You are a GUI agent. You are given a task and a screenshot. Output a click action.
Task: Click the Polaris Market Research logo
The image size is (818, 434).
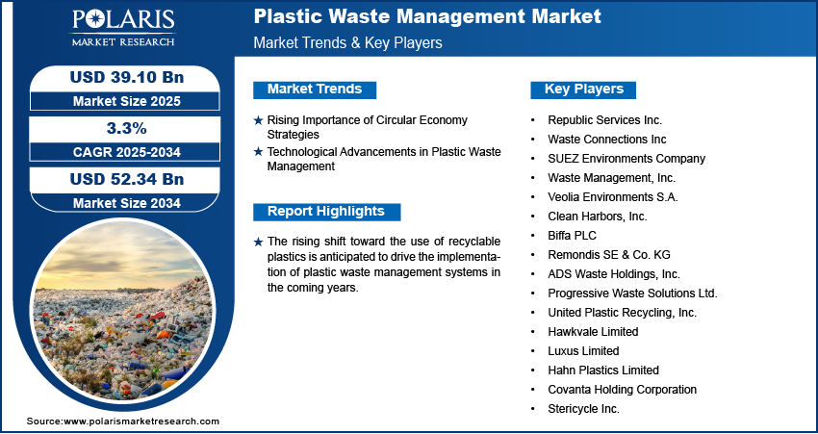(123, 28)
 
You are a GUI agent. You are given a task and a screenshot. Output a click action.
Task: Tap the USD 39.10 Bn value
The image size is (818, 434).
(127, 77)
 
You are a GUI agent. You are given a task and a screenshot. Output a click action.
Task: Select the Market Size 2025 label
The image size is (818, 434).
(127, 101)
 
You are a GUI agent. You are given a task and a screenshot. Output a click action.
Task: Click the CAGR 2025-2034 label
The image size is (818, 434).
(127, 152)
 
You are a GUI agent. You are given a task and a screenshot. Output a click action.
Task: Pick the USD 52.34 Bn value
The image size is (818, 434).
(127, 179)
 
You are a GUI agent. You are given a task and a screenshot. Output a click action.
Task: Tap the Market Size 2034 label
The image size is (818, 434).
(127, 202)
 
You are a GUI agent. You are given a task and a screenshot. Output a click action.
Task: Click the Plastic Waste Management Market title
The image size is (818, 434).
(427, 16)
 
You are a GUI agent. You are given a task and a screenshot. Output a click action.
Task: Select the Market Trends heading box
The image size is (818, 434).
(315, 89)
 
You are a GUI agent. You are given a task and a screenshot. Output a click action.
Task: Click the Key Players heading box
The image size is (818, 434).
(583, 89)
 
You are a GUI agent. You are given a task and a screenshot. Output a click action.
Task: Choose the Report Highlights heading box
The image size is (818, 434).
(326, 212)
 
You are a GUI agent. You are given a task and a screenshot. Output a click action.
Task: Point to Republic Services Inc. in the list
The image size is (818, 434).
(604, 120)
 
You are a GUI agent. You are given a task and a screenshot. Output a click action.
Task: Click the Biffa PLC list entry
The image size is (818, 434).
(572, 236)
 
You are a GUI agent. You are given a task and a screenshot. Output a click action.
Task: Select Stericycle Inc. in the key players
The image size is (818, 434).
(584, 409)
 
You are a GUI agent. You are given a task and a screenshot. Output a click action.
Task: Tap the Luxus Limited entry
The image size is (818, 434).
(583, 351)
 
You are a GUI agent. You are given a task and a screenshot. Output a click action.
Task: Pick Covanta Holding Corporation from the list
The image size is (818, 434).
(622, 390)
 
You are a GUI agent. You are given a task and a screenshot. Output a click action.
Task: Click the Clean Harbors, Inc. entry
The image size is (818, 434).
(598, 217)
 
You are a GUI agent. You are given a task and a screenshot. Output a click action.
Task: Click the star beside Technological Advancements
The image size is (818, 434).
(258, 152)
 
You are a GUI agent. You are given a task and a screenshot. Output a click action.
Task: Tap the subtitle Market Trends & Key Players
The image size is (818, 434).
(348, 42)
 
